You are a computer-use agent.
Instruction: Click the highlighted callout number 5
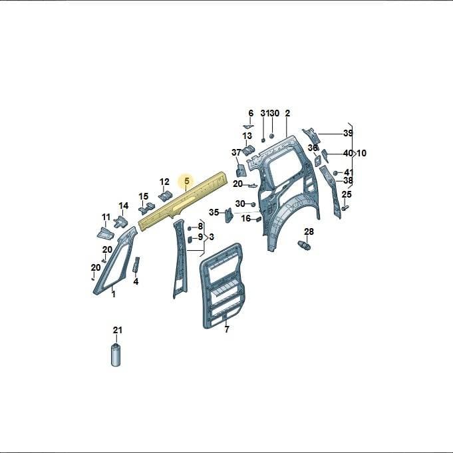(187, 181)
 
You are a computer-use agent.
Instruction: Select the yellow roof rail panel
(183, 200)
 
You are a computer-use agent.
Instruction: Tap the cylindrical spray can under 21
(116, 355)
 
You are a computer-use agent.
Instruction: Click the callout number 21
(118, 330)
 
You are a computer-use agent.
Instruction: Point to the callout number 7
(227, 329)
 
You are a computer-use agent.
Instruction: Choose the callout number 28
(309, 231)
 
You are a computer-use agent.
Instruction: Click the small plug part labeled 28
(304, 245)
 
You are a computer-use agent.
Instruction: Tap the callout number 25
(347, 194)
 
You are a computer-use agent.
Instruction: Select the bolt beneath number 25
(345, 208)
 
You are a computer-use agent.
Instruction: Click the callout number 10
(361, 153)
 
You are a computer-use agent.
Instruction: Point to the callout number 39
(348, 133)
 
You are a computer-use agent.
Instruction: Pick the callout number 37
(236, 152)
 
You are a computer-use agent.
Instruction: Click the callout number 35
(214, 212)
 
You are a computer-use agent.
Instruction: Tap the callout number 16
(246, 218)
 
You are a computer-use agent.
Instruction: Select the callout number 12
(164, 182)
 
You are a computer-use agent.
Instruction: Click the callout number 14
(124, 206)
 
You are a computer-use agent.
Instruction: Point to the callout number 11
(106, 217)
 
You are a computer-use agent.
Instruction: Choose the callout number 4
(136, 281)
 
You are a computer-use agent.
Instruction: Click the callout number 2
(287, 113)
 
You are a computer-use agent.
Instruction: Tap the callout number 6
(251, 113)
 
